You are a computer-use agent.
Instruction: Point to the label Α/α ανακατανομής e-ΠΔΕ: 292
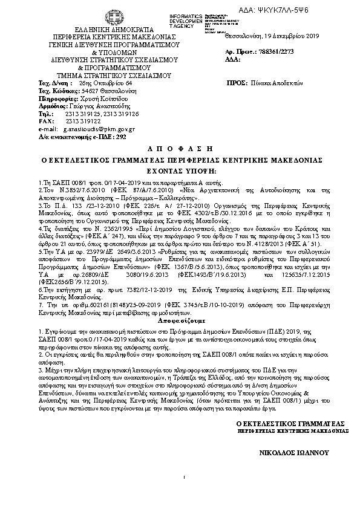point(73,137)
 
